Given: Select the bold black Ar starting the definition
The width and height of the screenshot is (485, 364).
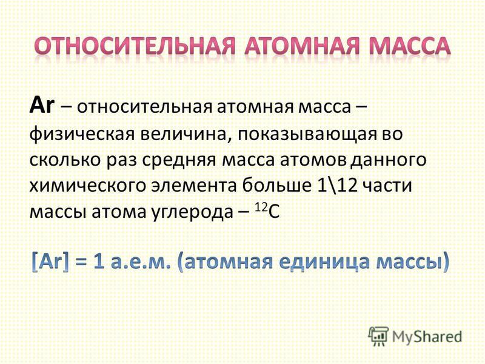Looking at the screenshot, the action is pyautogui.click(x=42, y=106).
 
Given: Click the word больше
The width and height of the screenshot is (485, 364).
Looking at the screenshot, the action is pyautogui.click(x=277, y=186).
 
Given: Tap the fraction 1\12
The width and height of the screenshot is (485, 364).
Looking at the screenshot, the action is pyautogui.click(x=338, y=186).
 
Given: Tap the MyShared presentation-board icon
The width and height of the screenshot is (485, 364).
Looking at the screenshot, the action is pyautogui.click(x=378, y=337).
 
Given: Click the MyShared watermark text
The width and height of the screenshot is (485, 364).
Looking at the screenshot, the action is pyautogui.click(x=427, y=337).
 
